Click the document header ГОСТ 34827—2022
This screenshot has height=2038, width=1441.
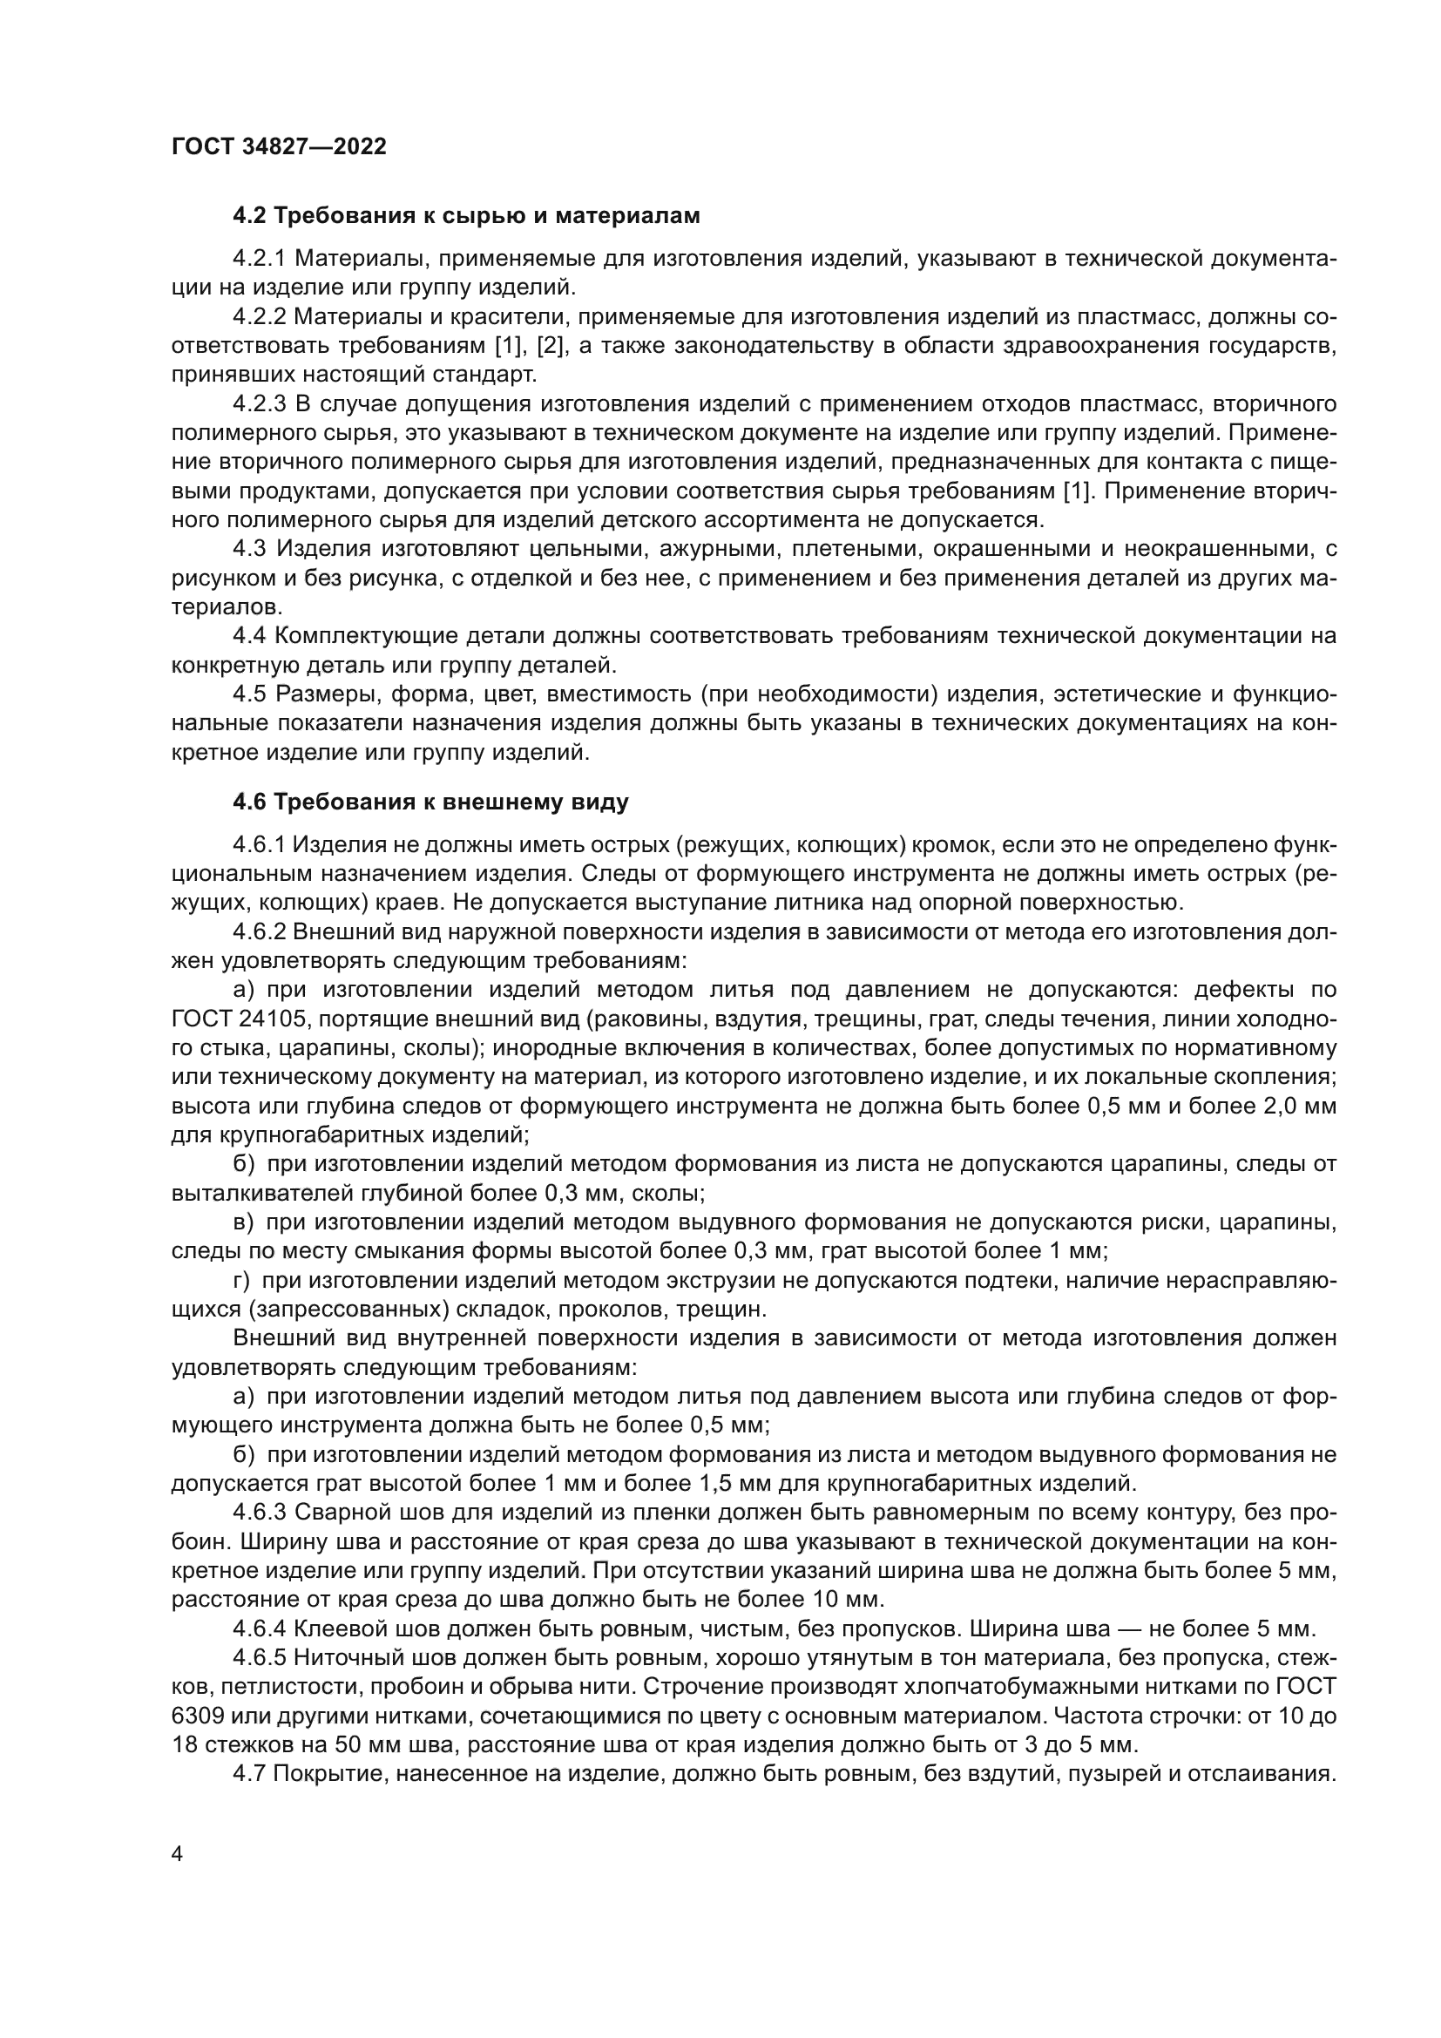[x=280, y=146]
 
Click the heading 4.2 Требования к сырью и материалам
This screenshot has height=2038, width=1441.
[x=467, y=216]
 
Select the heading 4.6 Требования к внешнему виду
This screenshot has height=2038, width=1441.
[x=431, y=802]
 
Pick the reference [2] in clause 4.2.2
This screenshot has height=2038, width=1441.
[x=551, y=345]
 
